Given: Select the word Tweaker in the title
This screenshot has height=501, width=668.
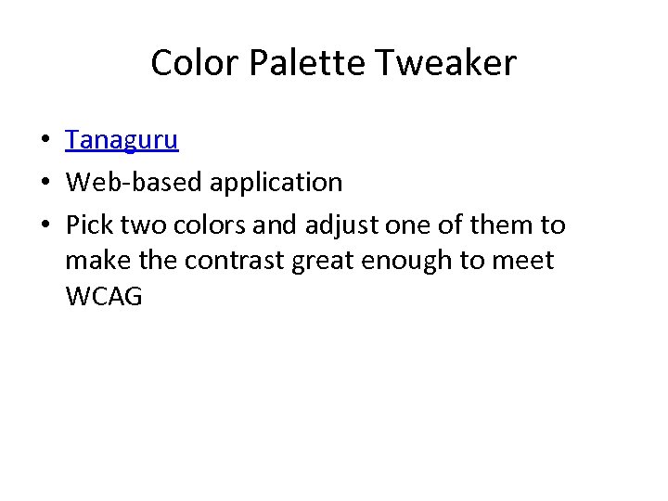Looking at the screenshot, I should click(446, 63).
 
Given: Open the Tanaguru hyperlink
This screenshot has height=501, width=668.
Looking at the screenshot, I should click(122, 140).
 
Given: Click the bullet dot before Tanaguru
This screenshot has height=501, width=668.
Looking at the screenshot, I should click(45, 141).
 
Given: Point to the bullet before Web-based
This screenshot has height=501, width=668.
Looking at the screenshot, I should click(45, 183).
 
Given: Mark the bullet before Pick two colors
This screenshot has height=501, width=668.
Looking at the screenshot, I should click(45, 225).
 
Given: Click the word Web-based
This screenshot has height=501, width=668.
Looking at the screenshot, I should click(135, 183).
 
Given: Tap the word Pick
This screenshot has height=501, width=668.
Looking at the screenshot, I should click(89, 225).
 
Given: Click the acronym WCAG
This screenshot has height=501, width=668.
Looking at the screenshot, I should click(104, 298).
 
